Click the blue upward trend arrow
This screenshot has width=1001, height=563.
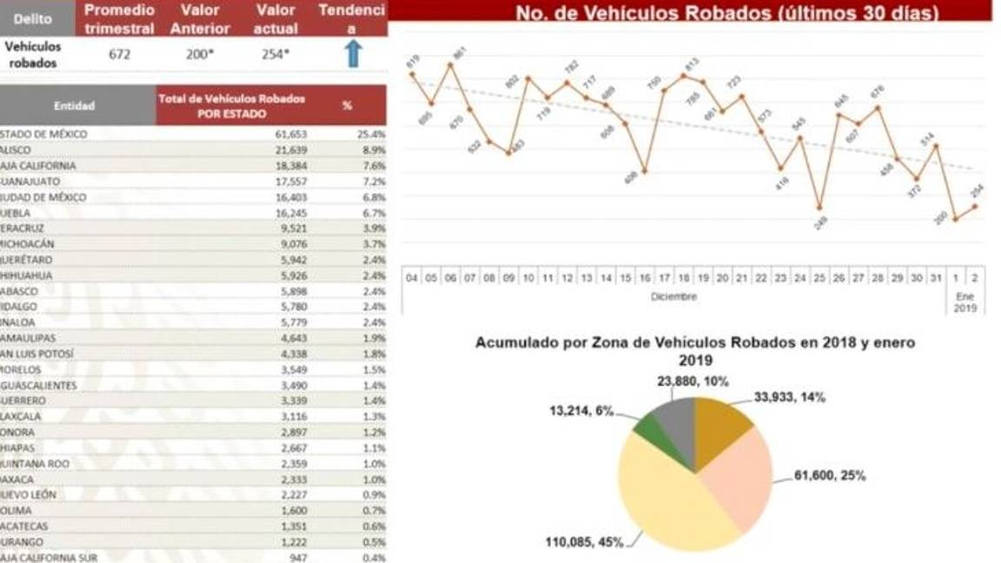pyautogui.click(x=351, y=54)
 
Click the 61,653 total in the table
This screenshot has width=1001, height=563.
pyautogui.click(x=287, y=135)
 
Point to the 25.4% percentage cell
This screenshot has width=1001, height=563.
pyautogui.click(x=372, y=135)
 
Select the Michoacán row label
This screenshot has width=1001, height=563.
pyautogui.click(x=26, y=244)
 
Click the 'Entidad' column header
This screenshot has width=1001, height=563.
pyautogui.click(x=75, y=106)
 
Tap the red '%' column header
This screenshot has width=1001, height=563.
pyautogui.click(x=348, y=105)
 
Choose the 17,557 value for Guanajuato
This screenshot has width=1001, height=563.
pyautogui.click(x=287, y=182)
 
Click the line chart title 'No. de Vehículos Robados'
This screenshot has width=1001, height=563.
pyautogui.click(x=726, y=14)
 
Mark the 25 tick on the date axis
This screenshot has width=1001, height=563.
pyautogui.click(x=819, y=277)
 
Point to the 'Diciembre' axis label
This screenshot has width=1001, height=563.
pyautogui.click(x=674, y=297)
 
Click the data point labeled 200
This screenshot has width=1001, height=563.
pyautogui.click(x=956, y=219)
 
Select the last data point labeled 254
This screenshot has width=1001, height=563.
pyautogui.click(x=975, y=206)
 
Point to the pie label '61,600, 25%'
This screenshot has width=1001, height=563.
pyautogui.click(x=830, y=475)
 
